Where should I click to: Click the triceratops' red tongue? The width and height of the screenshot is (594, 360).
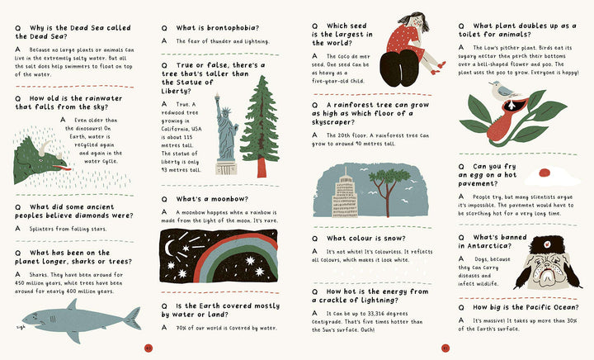tap(62, 168)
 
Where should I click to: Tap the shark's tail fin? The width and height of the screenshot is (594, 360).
tap(134, 319)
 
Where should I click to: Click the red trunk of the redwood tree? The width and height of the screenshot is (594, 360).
tap(262, 168)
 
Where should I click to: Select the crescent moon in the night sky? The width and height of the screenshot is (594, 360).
tap(169, 249)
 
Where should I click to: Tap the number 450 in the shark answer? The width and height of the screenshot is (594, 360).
tap(21, 283)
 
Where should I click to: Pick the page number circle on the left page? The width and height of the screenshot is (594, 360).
tap(148, 348)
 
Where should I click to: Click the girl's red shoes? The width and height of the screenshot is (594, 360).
tap(438, 68)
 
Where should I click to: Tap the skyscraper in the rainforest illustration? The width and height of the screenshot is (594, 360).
tap(345, 196)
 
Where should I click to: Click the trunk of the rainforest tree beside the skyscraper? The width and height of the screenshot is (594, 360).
tap(387, 201)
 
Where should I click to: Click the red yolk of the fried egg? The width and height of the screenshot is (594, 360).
tap(544, 173)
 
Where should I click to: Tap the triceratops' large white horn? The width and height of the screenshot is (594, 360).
tap(45, 148)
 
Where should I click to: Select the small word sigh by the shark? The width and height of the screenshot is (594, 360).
tap(21, 327)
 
